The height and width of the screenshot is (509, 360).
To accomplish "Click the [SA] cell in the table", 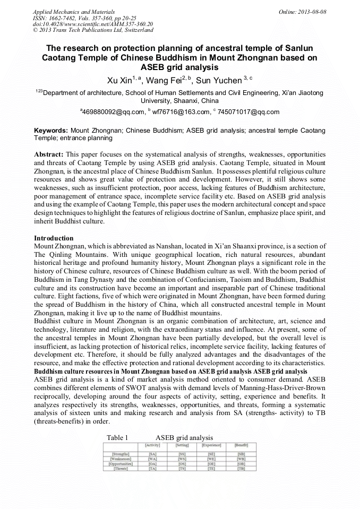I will pos(153,454).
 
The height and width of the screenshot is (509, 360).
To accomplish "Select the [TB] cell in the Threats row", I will pos(241,469).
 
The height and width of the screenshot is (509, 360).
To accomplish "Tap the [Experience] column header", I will pos(212,445).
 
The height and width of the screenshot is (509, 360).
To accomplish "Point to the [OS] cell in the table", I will pos(182,464).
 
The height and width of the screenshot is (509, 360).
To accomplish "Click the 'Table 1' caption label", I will pos(117,437).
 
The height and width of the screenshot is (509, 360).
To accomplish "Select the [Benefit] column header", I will pos(241,445).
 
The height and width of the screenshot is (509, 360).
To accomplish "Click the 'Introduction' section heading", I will pos(54,238).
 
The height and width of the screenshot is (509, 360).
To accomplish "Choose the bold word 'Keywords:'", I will pos(51,130).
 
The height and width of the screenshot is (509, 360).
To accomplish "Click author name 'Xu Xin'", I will pos(119,81).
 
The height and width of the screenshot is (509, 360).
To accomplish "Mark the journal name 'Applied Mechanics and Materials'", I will pos(74,11).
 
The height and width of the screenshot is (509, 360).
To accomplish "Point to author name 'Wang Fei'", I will pos(165,81).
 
